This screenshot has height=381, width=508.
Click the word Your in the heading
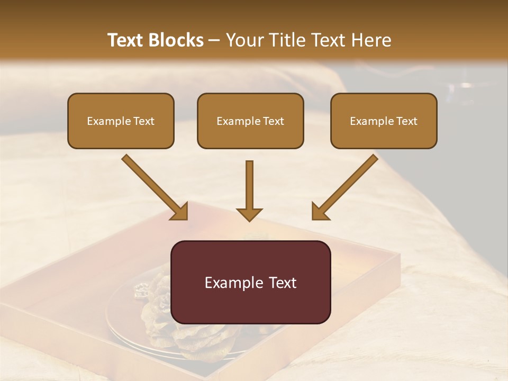(243, 40)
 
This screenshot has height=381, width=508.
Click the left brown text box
(121, 121)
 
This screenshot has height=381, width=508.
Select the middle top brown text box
(250, 121)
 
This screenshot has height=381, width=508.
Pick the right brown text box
(384, 121)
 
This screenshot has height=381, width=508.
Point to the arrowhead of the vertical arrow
(249, 214)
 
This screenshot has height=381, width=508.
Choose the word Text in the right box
(406, 121)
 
